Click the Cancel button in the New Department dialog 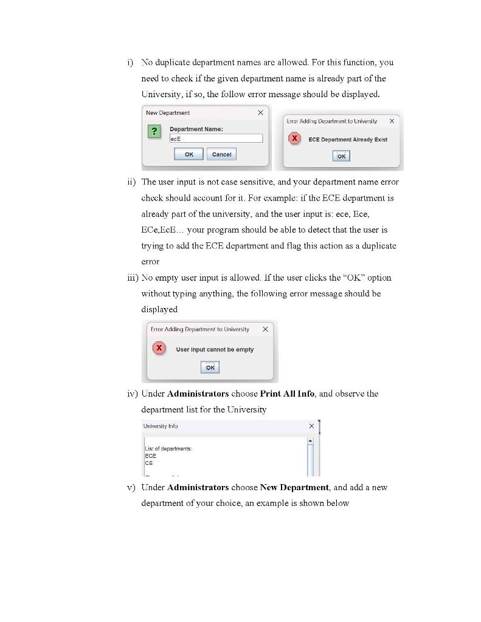221,154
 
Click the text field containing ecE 216,138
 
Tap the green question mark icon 155,132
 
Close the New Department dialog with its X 260,113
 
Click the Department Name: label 196,129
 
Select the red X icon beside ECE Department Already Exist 294,138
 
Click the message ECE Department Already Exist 347,139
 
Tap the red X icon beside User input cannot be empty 159,348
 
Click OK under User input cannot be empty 210,367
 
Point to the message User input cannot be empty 215,349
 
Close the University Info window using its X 311,426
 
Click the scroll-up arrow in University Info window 310,440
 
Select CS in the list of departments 149,462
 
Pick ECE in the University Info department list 150,455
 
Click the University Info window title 161,426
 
